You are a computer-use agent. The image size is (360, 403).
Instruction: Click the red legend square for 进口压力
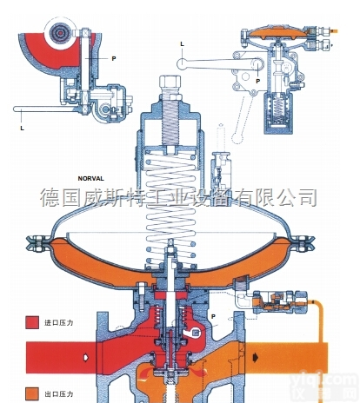[32, 321]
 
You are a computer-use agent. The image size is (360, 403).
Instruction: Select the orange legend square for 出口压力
[32, 390]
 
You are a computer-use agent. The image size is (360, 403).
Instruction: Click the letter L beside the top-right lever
[183, 43]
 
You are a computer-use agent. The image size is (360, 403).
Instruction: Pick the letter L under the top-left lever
[21, 128]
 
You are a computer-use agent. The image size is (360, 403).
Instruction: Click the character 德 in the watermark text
[50, 195]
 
